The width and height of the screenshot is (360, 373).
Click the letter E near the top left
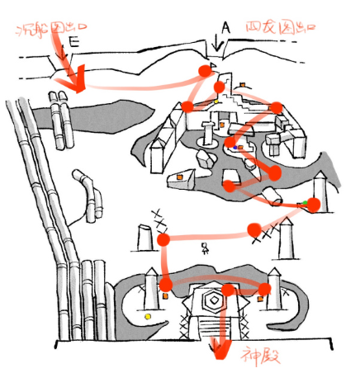75,39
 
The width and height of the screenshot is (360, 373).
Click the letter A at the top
225,26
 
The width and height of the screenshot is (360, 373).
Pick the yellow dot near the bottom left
148,315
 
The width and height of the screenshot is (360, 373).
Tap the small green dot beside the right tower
305,201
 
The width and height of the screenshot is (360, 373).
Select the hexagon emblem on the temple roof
214,300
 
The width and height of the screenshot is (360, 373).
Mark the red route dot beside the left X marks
163,239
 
